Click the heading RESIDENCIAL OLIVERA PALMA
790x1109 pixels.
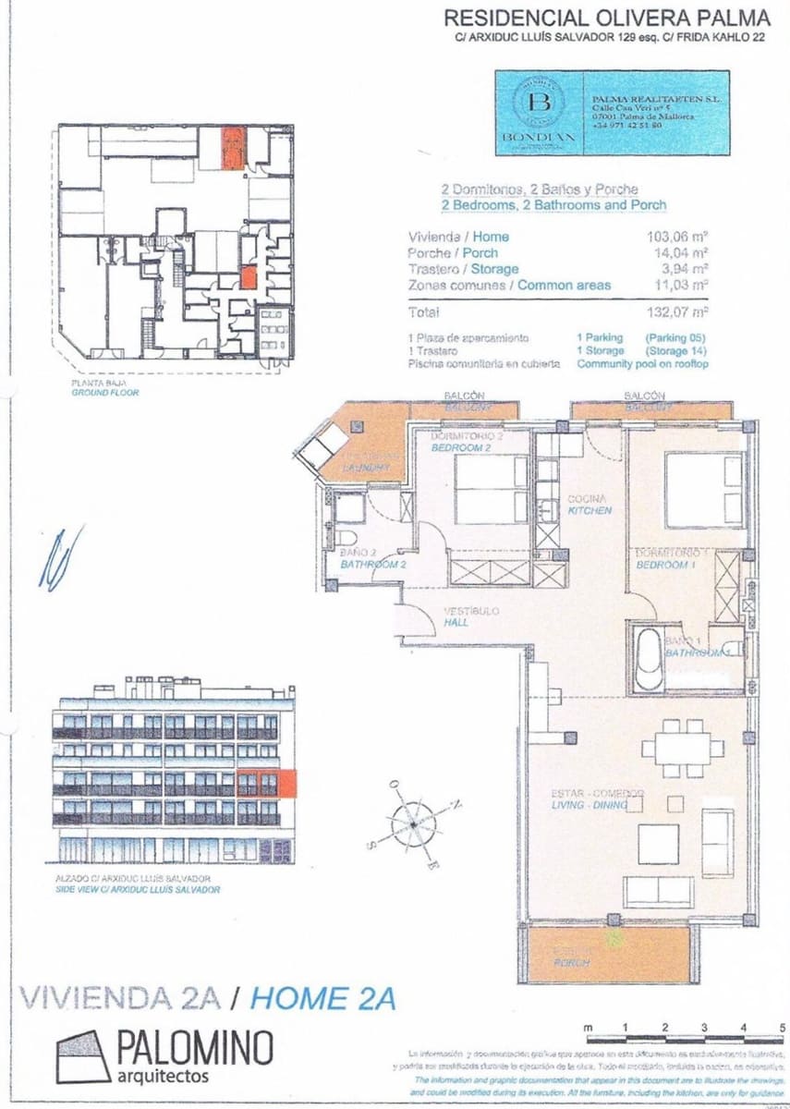coord(606,18)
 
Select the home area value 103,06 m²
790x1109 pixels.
coord(677,237)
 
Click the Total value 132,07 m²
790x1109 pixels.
coord(677,312)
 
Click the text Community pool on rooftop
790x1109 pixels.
coord(642,364)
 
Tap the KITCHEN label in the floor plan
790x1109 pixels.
coord(589,510)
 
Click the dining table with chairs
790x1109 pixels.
coord(672,747)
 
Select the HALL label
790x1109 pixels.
coord(456,622)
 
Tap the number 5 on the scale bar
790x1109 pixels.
coord(782,1027)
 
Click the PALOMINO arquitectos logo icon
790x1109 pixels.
coord(83,1055)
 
